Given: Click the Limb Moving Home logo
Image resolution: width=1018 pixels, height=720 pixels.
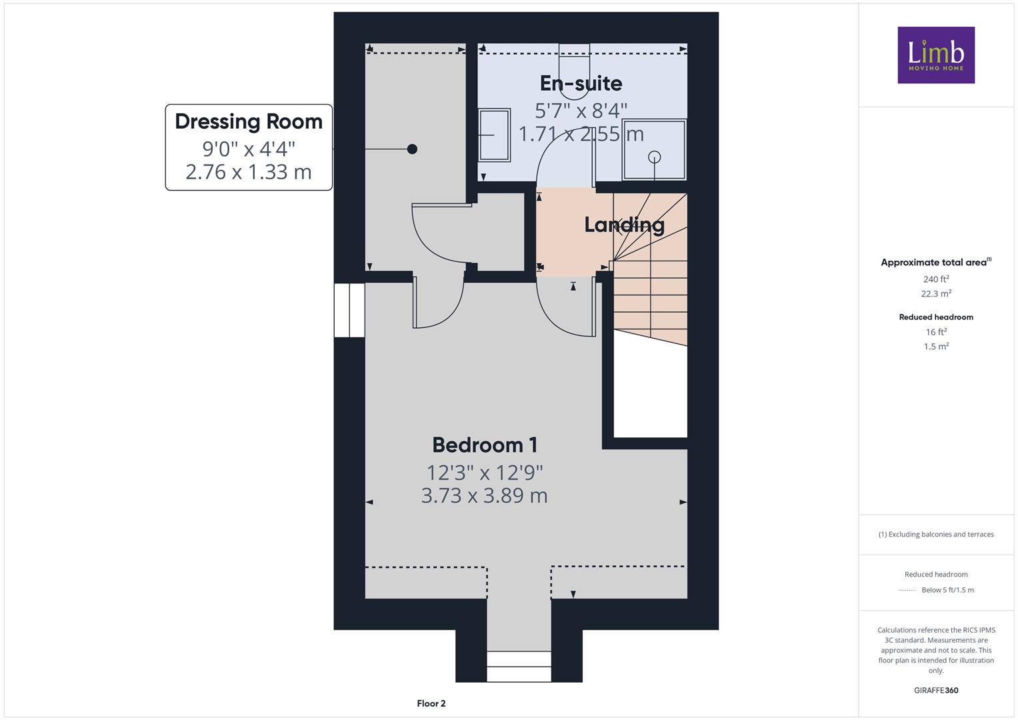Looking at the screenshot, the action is click(x=936, y=55).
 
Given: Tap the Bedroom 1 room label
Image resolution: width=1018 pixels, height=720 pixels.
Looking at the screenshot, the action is click(x=485, y=445).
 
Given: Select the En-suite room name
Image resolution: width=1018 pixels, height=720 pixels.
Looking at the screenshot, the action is click(x=581, y=83).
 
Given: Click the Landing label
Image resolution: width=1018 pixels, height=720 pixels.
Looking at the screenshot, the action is click(x=624, y=225).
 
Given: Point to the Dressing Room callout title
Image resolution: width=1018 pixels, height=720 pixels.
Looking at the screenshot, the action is click(x=249, y=122).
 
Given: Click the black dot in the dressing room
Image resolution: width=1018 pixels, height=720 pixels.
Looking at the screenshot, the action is click(x=412, y=149).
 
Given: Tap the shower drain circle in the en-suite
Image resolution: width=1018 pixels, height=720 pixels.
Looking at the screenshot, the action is click(x=655, y=157).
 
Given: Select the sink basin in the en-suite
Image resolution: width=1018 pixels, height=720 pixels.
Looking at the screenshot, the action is click(x=495, y=135).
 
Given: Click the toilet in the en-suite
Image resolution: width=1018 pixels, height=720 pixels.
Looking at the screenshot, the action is click(x=575, y=71).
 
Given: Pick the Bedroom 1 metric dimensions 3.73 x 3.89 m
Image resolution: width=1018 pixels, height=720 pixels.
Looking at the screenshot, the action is click(x=485, y=495).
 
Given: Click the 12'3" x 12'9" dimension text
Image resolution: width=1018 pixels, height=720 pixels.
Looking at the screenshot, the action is click(x=485, y=473).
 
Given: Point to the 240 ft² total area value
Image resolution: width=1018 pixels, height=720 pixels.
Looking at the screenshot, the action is click(x=936, y=279).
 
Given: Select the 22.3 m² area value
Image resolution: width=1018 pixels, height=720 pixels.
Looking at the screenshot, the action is click(x=936, y=293).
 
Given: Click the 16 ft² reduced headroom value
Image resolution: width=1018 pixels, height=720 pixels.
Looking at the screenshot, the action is click(x=936, y=332).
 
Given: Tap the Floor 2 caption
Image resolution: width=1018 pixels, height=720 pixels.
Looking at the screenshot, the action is click(x=431, y=703).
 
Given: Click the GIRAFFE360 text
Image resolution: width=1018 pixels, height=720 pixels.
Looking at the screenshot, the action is click(x=936, y=690).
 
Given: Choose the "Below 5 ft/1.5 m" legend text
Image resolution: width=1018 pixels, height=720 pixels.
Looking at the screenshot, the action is click(x=947, y=590).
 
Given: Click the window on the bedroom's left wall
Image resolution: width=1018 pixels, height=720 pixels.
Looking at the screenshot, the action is click(x=349, y=311).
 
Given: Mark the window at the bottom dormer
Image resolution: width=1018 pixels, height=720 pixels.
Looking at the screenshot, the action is click(x=519, y=667).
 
